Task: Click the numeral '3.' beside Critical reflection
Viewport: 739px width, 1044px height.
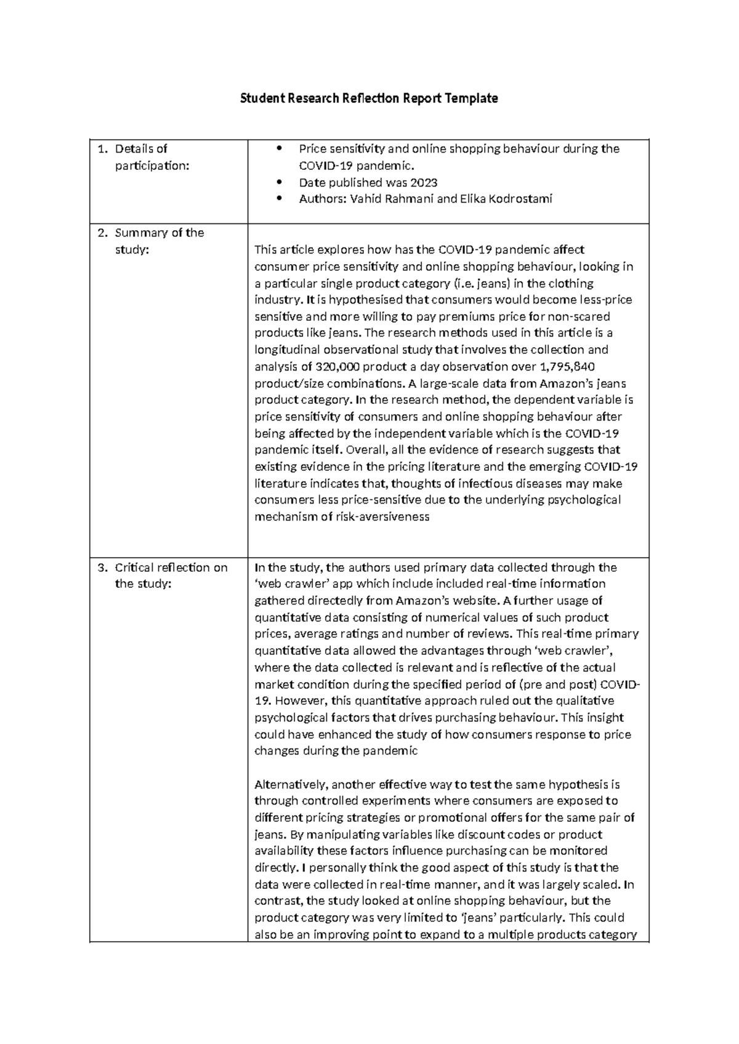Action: click(102, 568)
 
